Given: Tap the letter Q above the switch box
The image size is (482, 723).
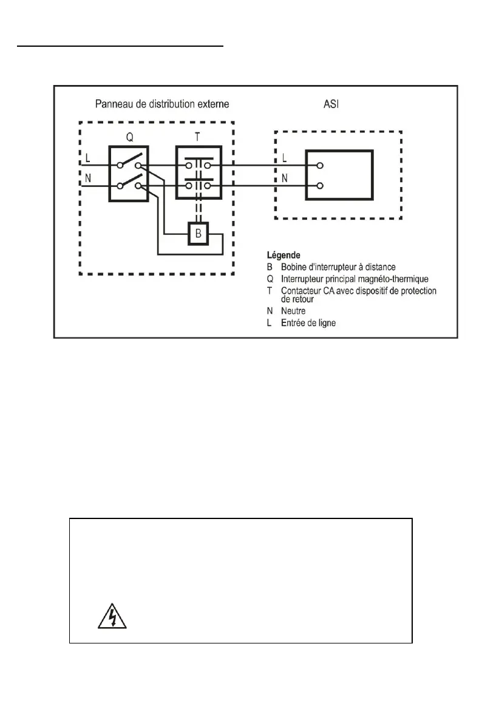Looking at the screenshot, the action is click(x=129, y=137).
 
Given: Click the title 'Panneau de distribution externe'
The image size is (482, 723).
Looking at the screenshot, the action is click(x=162, y=104).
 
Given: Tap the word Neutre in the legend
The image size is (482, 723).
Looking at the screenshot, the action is click(x=294, y=311).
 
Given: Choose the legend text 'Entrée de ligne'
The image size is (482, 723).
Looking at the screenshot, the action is click(x=308, y=323).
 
